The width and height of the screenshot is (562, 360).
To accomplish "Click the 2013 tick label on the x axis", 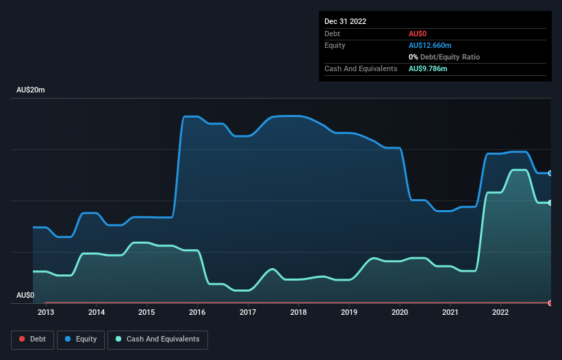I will tap(46, 313).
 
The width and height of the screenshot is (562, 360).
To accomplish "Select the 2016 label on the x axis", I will tap(197, 313).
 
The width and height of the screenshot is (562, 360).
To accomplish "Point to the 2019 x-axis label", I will tap(349, 313).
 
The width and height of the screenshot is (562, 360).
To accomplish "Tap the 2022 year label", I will tap(501, 313).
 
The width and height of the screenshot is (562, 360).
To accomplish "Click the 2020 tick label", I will tap(400, 313).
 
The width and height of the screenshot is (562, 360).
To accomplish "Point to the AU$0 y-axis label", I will tap(25, 295).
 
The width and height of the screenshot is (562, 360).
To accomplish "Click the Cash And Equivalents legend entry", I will tap(157, 339).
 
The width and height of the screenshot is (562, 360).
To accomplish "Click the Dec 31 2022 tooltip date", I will tap(346, 21).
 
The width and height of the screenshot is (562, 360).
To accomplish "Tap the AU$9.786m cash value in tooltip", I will tap(428, 68).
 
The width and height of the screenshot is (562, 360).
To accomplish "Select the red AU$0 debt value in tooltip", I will tap(418, 34).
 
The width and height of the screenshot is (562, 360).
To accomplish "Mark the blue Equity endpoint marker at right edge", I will tap(550, 173).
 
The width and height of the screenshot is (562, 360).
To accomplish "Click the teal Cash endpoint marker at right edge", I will tap(550, 203).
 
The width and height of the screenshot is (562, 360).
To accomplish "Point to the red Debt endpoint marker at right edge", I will tap(550, 303).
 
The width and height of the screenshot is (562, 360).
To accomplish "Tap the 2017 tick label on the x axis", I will tap(248, 313).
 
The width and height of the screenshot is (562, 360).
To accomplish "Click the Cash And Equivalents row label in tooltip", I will tap(361, 68).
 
